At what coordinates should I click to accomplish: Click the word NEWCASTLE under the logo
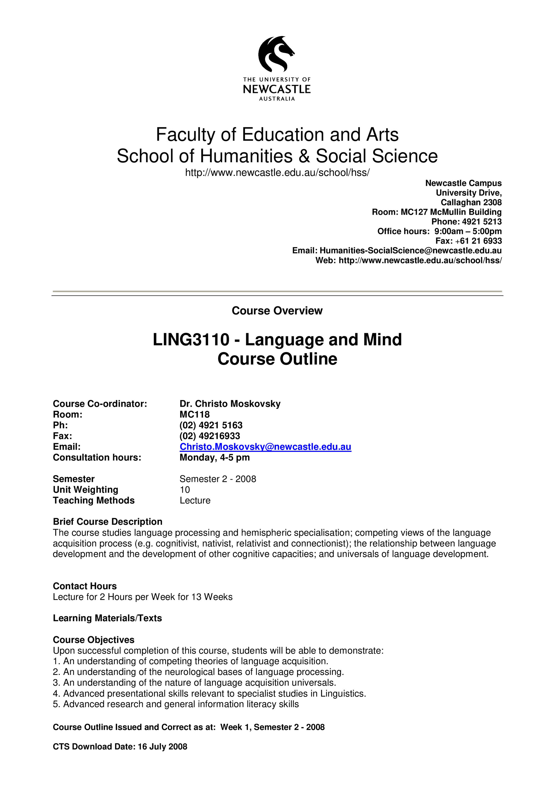(277, 89)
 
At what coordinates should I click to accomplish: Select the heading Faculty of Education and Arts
(277, 134)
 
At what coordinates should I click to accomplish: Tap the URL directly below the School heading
(277, 173)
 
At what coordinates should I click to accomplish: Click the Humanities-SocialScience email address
(410, 250)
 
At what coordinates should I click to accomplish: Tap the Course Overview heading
(277, 310)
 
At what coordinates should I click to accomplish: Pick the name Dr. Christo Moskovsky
(230, 404)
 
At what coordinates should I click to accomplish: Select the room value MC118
(195, 414)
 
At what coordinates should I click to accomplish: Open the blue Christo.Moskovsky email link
(265, 447)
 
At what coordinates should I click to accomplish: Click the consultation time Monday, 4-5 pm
(215, 457)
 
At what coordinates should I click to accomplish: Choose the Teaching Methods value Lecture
(195, 500)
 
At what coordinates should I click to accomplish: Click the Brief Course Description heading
(107, 522)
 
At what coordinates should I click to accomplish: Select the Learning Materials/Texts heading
(107, 618)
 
